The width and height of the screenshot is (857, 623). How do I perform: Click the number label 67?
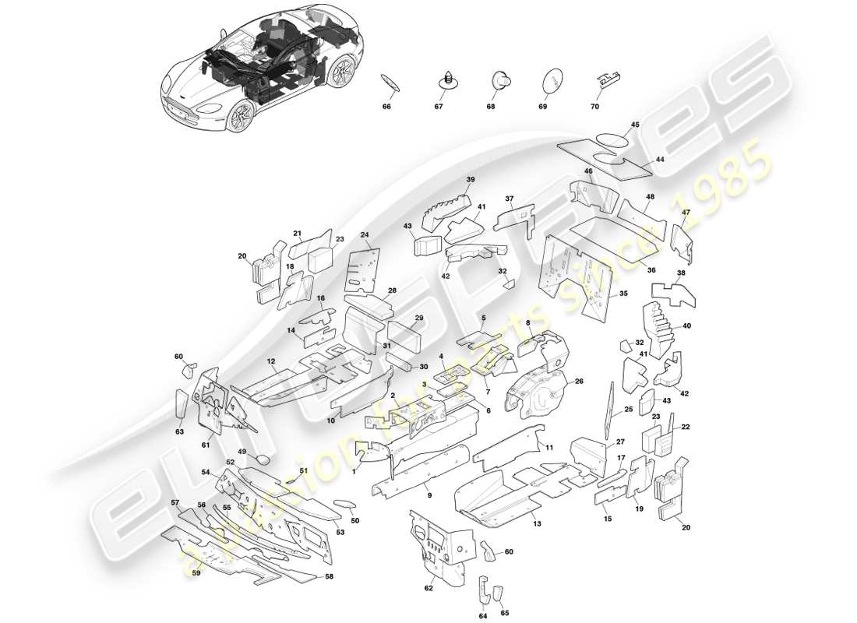pyautogui.click(x=438, y=107)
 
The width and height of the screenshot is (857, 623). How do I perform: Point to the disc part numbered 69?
pyautogui.click(x=551, y=79)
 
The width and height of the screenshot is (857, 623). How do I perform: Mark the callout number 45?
pyautogui.click(x=635, y=125)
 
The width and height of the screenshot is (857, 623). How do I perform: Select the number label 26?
pyautogui.click(x=579, y=382)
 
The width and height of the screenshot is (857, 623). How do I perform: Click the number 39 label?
pyautogui.click(x=470, y=180)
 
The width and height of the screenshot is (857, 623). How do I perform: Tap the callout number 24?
pyautogui.click(x=365, y=234)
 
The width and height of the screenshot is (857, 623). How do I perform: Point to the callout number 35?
pyautogui.click(x=623, y=294)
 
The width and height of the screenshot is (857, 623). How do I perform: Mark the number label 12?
pyautogui.click(x=271, y=361)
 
